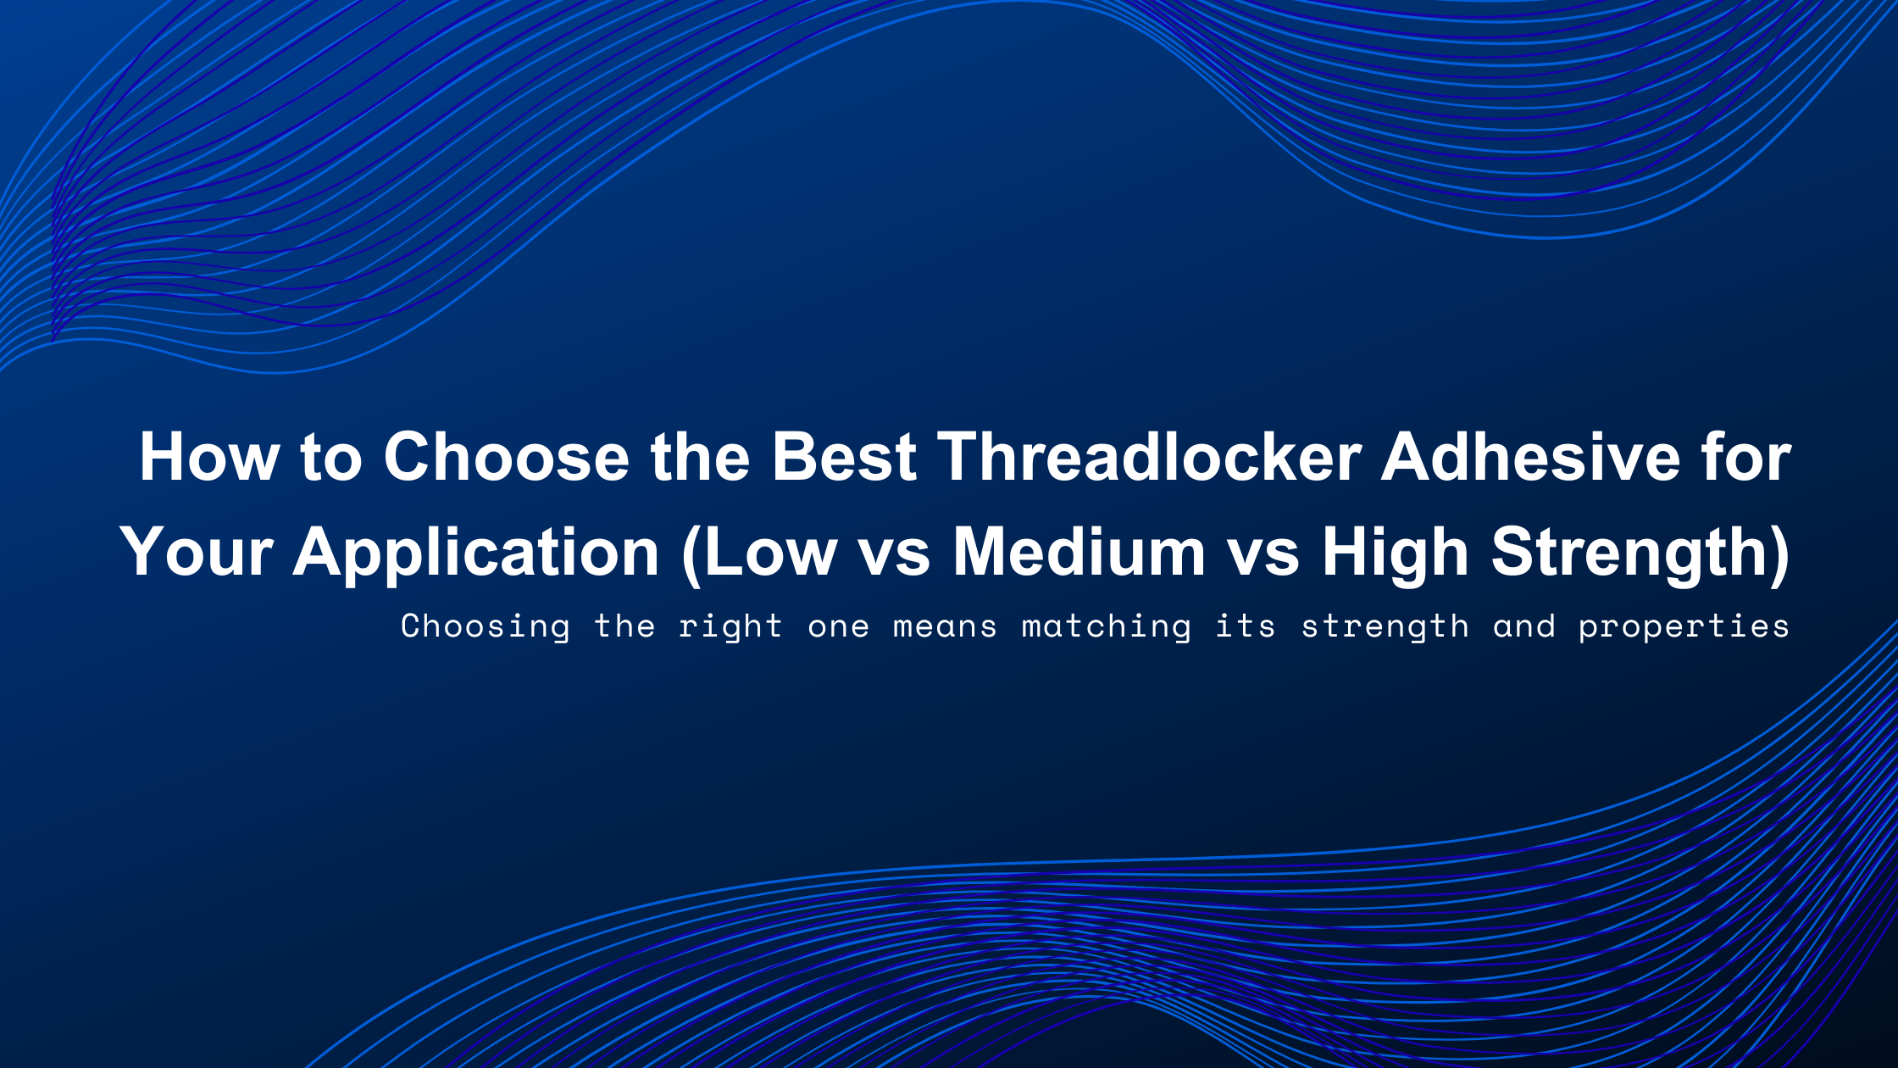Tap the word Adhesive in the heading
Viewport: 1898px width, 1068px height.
1530,458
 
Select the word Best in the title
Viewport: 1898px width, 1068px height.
843,458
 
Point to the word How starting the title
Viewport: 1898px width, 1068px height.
208,458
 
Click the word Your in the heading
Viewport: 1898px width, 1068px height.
196,553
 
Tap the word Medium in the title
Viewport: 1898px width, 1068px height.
1079,553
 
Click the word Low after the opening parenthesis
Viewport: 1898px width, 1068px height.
770,553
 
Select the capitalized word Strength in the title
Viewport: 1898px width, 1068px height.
1631,553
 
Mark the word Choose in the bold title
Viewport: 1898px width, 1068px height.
506,458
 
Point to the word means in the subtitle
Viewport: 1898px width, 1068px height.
945,627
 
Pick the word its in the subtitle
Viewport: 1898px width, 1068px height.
1245,626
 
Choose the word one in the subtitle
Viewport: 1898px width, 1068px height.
838,627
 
